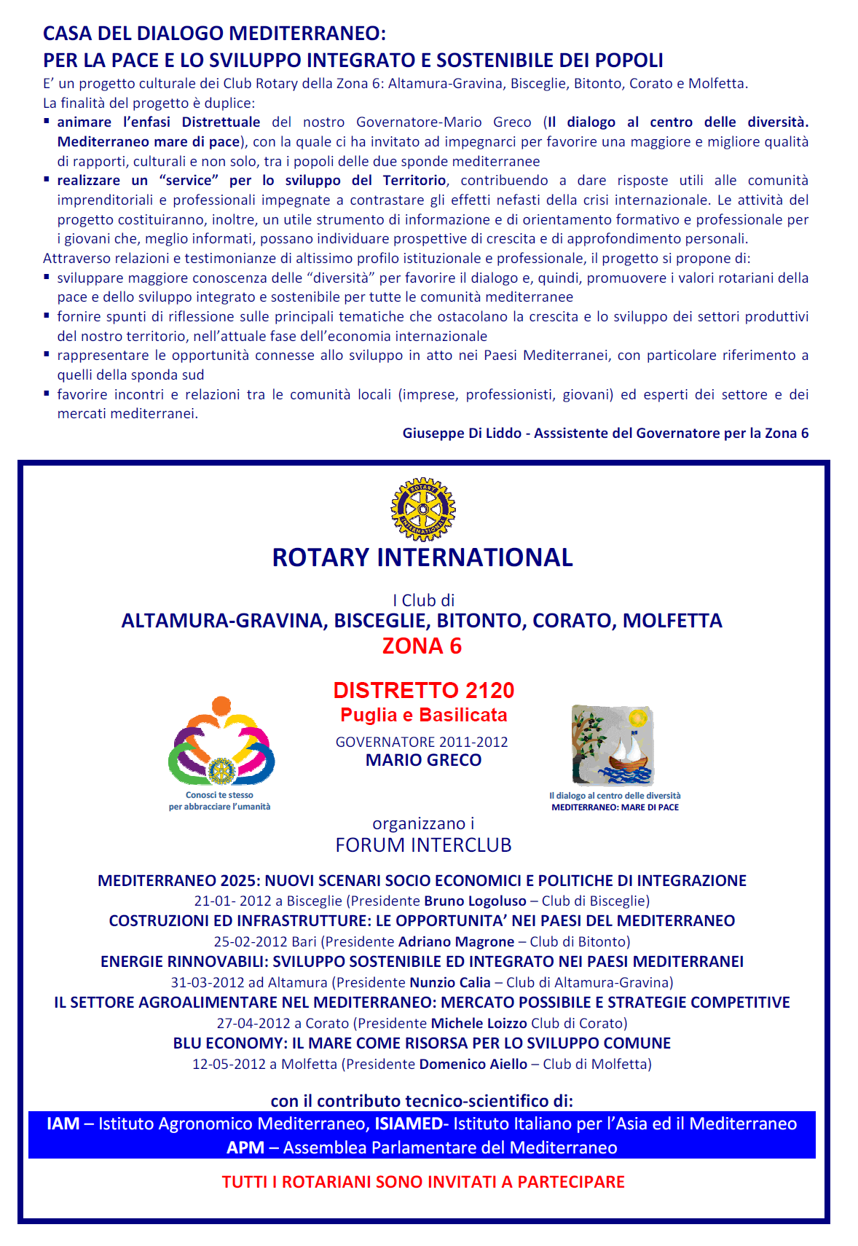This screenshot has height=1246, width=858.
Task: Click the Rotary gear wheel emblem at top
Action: [x=423, y=509]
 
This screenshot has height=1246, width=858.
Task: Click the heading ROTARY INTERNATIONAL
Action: [x=422, y=557]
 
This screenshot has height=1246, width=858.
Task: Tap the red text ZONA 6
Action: [x=422, y=646]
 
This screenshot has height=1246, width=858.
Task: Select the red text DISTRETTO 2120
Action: [x=424, y=690]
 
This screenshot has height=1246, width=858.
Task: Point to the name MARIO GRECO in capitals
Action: [x=423, y=760]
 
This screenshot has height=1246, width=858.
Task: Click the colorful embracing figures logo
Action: [x=221, y=742]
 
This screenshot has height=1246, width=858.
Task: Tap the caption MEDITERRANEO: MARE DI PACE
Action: [x=615, y=807]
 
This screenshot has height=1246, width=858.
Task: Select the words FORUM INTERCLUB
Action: [x=423, y=845]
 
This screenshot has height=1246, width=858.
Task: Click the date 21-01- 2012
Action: [x=232, y=901]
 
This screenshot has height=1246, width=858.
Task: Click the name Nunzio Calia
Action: [x=449, y=983]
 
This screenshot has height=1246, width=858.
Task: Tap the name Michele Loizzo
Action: [x=479, y=1024]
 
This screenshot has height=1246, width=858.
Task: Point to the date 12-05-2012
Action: [x=229, y=1065]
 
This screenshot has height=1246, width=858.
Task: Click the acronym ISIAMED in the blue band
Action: [x=408, y=1124]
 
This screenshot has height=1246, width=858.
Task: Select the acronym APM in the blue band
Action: [x=245, y=1148]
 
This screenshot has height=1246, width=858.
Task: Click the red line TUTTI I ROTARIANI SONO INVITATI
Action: [x=423, y=1182]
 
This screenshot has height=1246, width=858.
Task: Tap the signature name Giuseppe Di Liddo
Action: [x=462, y=434]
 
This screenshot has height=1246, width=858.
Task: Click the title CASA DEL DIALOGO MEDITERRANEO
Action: [x=214, y=34]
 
